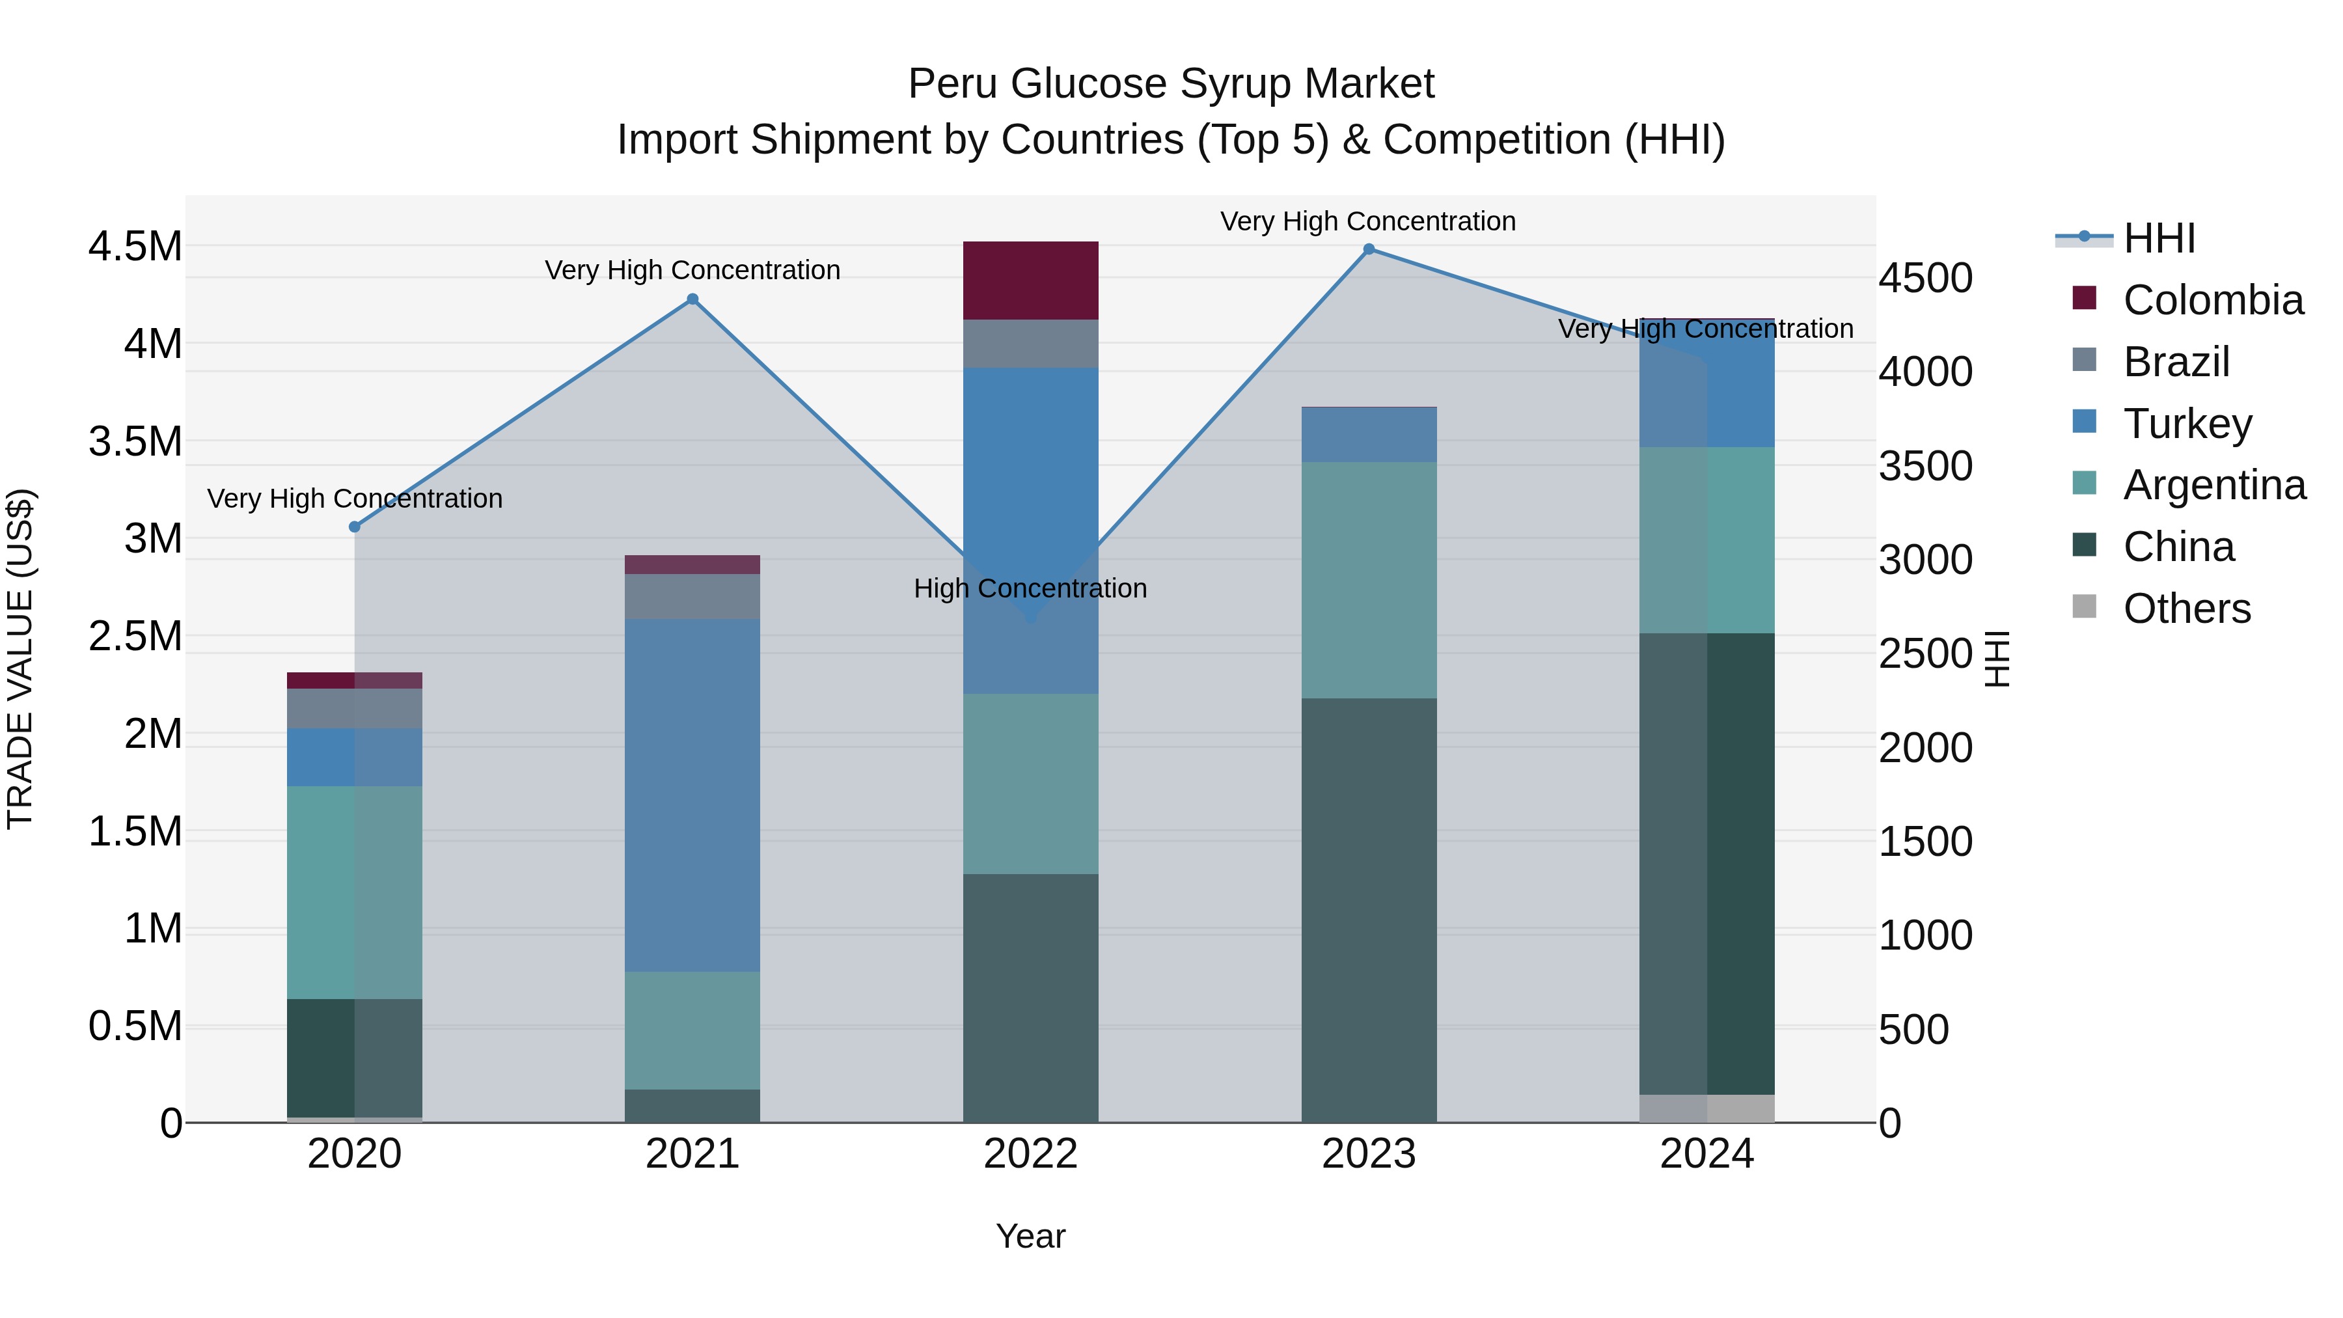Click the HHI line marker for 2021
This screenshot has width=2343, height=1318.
coord(692,299)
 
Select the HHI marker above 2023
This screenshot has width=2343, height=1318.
coord(1369,249)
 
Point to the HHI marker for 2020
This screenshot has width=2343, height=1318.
coord(355,527)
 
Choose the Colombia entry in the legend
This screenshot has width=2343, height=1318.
coord(2212,300)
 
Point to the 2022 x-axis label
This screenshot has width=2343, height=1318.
coord(1030,1154)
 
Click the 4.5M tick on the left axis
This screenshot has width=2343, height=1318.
coord(135,247)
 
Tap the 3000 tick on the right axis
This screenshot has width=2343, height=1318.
coord(1926,560)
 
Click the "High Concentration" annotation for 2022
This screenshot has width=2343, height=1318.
coord(1030,588)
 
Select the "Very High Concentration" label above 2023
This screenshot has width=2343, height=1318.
coord(1368,221)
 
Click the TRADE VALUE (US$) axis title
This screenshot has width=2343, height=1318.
coord(20,659)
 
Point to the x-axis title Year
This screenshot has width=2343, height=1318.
coord(1030,1236)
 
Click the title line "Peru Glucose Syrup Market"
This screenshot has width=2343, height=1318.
coord(1171,84)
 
